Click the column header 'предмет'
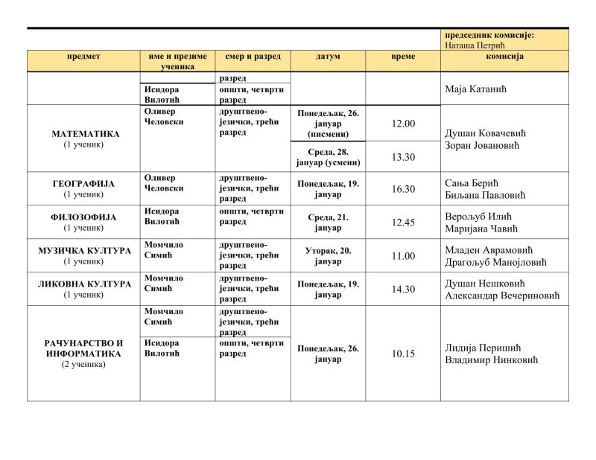[83, 57]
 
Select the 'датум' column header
[328, 57]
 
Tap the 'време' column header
[403, 57]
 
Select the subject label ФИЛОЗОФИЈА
[83, 217]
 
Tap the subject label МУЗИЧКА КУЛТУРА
[84, 251]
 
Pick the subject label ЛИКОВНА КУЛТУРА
[84, 284]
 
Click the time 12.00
[403, 124]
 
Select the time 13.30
[403, 157]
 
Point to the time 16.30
[403, 189]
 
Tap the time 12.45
[403, 223]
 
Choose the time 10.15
[403, 354]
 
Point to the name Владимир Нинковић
[491, 360]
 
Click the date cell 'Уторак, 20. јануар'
[328, 256]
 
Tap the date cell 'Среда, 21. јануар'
[328, 223]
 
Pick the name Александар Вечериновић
[502, 296]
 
